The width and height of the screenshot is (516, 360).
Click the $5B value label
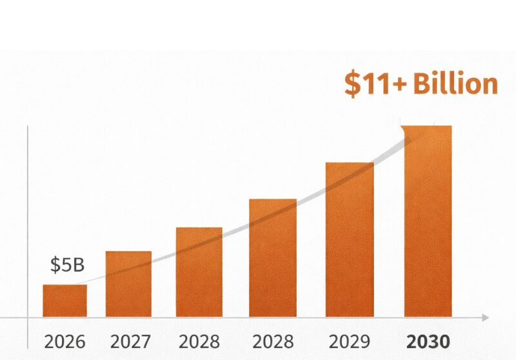click(67, 265)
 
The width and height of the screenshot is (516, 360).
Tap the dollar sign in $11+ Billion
click(352, 85)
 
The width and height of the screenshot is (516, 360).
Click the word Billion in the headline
click(455, 85)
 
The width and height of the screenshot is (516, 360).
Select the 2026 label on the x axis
click(64, 341)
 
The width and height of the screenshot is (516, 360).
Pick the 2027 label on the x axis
click(131, 341)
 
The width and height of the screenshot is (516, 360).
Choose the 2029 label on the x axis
click(350, 341)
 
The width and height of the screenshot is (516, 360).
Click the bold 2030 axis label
click(428, 341)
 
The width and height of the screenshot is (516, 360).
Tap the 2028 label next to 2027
click(199, 341)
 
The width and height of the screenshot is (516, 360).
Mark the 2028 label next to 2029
click(273, 341)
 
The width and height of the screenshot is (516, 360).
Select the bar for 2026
click(64, 301)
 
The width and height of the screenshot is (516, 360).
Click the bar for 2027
click(128, 284)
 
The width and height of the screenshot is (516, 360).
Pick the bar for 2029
click(350, 239)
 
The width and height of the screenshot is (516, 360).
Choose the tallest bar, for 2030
click(428, 221)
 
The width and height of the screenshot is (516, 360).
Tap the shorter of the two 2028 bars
click(199, 272)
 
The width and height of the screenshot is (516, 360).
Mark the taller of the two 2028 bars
click(273, 257)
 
